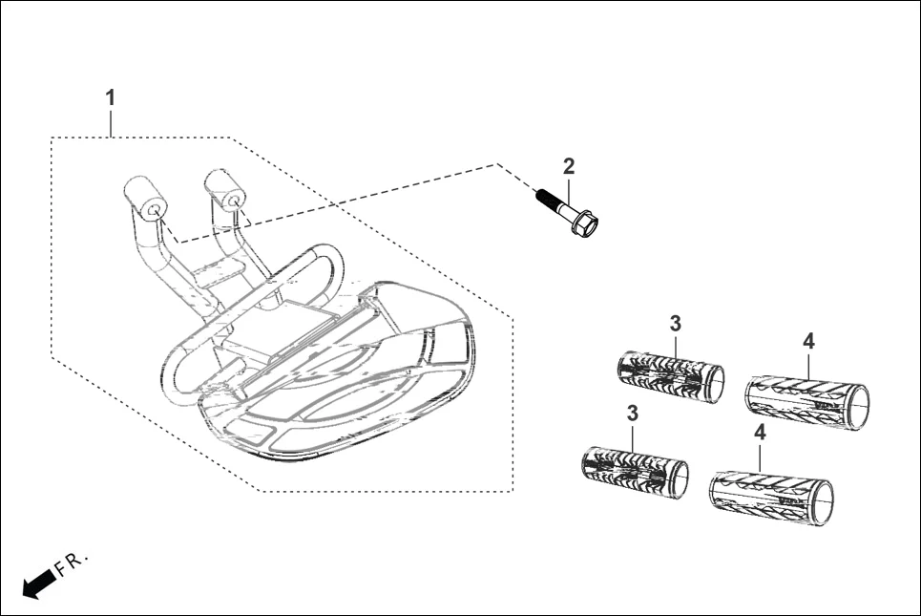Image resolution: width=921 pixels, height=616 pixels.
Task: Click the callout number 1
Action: point(111,97)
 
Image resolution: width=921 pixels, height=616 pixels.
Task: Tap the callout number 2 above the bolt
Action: point(569,166)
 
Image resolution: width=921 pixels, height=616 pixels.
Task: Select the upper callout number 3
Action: point(675,322)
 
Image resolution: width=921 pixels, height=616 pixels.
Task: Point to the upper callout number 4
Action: point(808,341)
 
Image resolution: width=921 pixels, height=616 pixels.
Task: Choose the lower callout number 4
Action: point(760,433)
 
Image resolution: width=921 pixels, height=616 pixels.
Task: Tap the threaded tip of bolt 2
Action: point(542,196)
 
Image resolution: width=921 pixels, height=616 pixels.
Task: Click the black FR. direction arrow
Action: point(37,582)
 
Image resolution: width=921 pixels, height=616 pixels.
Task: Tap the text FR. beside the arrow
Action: point(73,563)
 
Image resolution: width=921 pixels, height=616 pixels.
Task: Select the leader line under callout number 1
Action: point(112,122)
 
